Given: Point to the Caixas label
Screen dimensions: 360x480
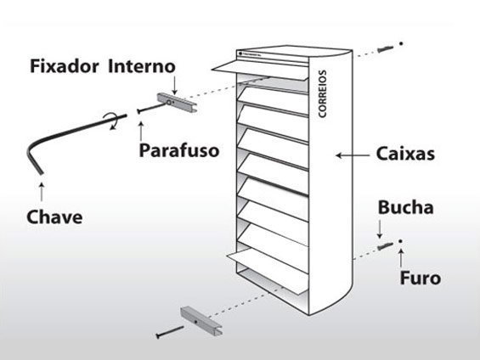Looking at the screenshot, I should [x=404, y=155].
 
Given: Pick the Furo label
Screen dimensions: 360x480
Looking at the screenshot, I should [x=419, y=278].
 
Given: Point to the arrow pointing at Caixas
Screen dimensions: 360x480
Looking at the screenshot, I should [x=349, y=155].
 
